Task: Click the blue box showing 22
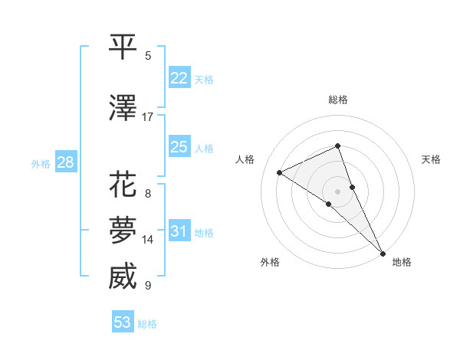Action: [x=179, y=77]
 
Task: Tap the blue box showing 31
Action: [x=179, y=231]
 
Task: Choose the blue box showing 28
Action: [x=64, y=162]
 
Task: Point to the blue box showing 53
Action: [x=122, y=322]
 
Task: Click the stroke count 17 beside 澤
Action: [x=148, y=117]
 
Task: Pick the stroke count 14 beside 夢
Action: [x=149, y=240]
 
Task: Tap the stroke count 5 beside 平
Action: [x=148, y=56]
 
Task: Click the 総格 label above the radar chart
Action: [x=338, y=100]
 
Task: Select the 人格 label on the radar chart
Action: [x=245, y=159]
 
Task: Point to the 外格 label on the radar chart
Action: [x=270, y=262]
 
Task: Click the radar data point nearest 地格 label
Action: [x=382, y=253]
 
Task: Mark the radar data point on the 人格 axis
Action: [x=280, y=172]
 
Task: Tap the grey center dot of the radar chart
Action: [x=337, y=190]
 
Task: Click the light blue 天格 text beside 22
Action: [x=204, y=79]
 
